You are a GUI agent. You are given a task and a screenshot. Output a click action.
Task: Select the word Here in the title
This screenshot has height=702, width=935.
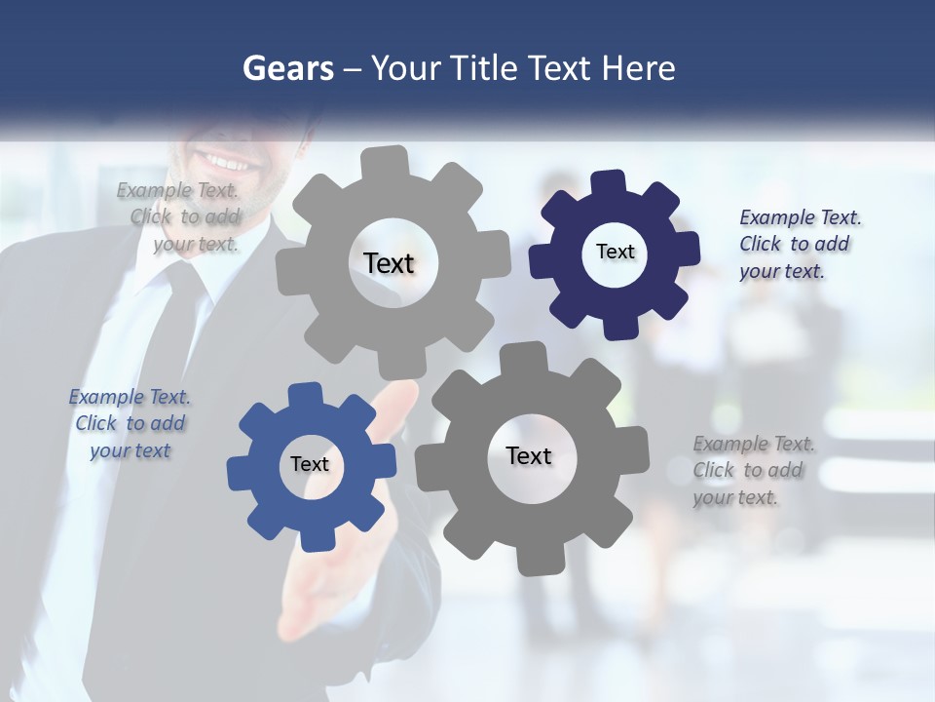coord(638,68)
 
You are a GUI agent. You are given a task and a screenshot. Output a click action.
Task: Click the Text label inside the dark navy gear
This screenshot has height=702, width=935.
coord(615,252)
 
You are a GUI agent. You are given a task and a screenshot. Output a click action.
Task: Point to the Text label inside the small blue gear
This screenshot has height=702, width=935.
coord(309,464)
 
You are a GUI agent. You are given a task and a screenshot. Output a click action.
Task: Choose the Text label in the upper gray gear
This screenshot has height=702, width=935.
coord(389,263)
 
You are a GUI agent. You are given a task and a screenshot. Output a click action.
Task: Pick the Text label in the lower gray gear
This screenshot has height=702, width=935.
coord(529,455)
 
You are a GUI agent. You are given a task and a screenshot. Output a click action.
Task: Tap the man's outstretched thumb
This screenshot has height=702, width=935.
coord(398,400)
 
